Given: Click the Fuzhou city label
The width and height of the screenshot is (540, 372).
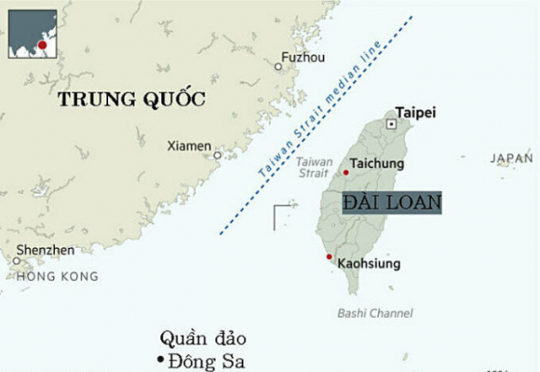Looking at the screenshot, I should [x=304, y=57].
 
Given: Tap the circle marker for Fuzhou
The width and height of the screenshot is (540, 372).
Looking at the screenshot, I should [x=278, y=66].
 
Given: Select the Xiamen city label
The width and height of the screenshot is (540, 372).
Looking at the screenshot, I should [x=189, y=145].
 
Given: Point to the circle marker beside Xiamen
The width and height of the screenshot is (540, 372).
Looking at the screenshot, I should [x=218, y=155].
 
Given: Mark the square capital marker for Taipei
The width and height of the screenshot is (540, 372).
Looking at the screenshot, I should [x=392, y=123].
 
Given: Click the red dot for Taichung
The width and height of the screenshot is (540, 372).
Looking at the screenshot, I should [x=346, y=172].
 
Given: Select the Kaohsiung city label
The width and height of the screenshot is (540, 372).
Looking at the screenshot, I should [x=369, y=264].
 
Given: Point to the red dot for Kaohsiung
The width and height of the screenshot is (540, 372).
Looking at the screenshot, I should [x=329, y=256].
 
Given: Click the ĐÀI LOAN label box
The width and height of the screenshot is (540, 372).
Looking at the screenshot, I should [x=391, y=202].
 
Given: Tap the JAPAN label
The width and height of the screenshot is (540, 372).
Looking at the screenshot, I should [x=512, y=159].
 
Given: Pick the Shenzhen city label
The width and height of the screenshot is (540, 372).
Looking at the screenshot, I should [x=44, y=250].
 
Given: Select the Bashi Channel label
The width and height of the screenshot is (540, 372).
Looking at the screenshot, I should [x=375, y=313].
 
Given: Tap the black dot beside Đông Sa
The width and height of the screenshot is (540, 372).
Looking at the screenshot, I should [x=159, y=360].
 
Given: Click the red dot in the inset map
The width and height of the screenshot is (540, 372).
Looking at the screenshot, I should [x=41, y=45].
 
